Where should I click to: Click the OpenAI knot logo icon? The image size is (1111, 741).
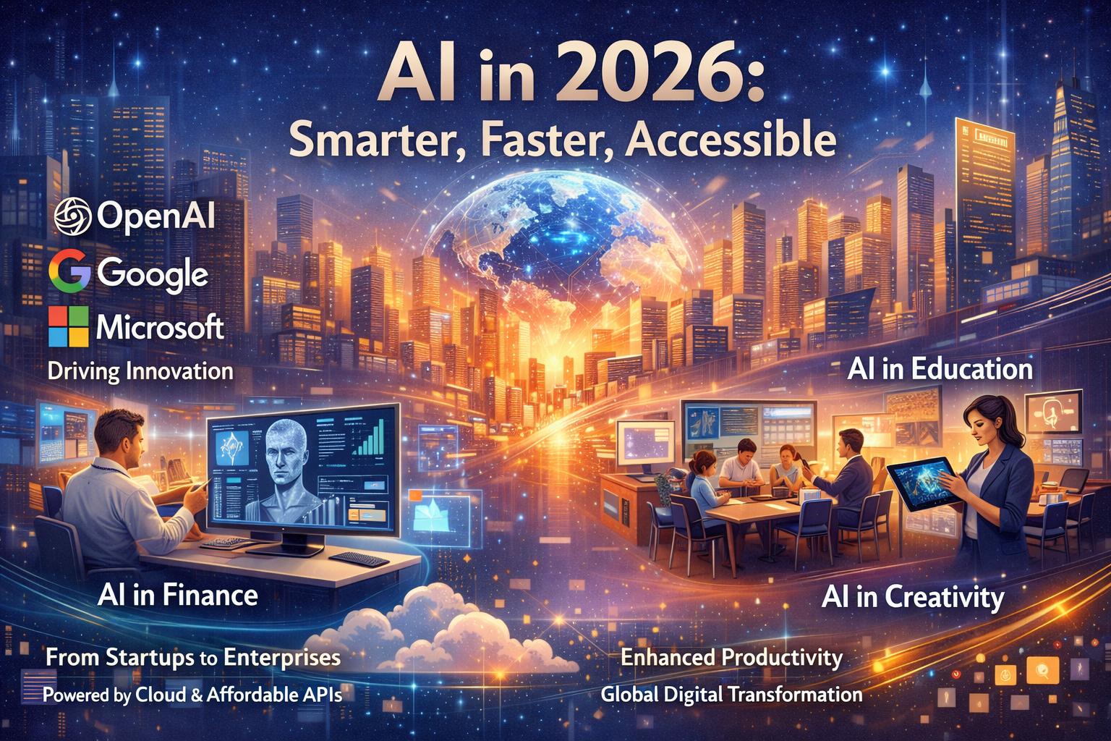(x=72, y=216)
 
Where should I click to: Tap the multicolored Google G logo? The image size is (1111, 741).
(x=69, y=273)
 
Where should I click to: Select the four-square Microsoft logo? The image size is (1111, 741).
(x=69, y=326)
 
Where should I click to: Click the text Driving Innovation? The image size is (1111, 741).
(x=140, y=371)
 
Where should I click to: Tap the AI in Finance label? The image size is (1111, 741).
(x=178, y=595)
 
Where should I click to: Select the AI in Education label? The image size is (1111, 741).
(x=940, y=369)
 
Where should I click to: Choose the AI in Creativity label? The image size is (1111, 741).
(x=913, y=597)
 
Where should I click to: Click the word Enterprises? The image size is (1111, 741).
(x=282, y=657)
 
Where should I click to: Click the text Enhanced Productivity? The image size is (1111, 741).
(x=732, y=657)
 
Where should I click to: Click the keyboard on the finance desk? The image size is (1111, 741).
(x=359, y=559)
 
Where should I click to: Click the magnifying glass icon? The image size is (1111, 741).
(x=1042, y=670)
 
